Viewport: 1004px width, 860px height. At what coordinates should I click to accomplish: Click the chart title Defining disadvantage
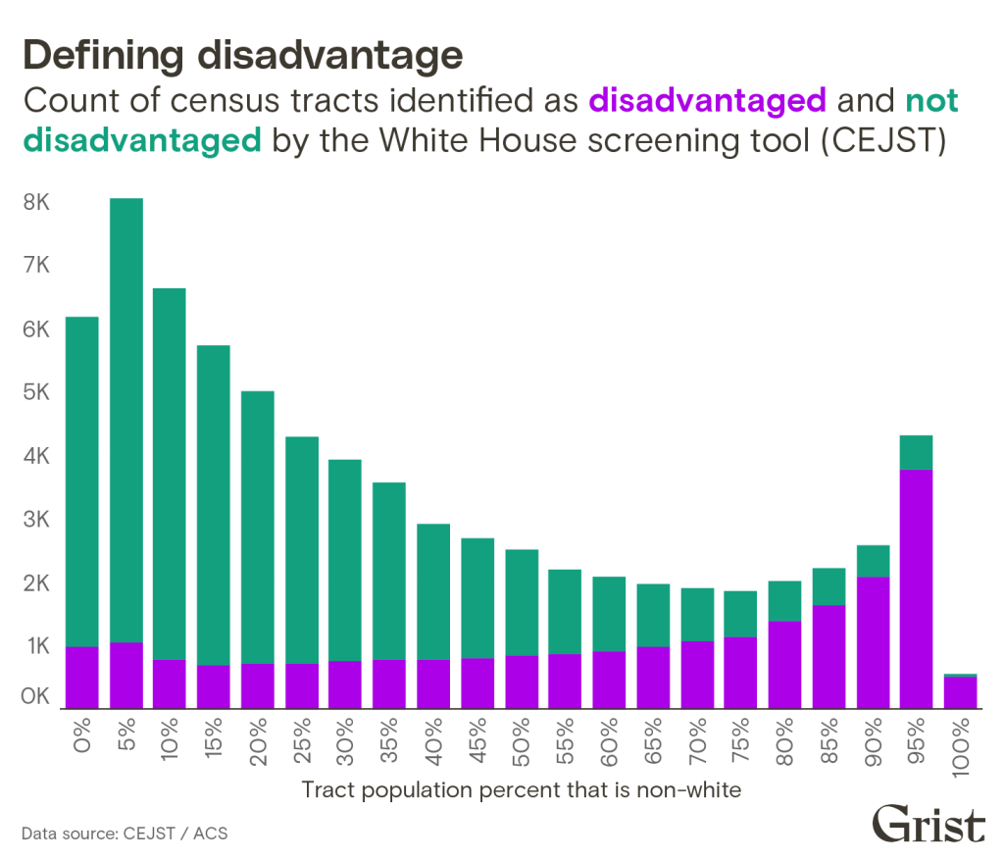coord(242,56)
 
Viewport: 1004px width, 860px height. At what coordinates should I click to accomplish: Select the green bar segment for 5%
coord(125,422)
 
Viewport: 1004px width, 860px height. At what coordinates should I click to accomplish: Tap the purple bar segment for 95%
coord(915,588)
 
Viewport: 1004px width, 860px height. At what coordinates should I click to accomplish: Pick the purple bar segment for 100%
coord(959,691)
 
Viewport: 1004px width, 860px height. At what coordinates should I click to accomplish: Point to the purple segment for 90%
coord(872,642)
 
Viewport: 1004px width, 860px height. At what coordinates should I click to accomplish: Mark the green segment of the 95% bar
coord(915,452)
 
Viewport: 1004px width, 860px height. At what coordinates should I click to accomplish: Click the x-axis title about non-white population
coord(522,789)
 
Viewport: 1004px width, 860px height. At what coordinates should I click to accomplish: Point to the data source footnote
coord(125,835)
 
